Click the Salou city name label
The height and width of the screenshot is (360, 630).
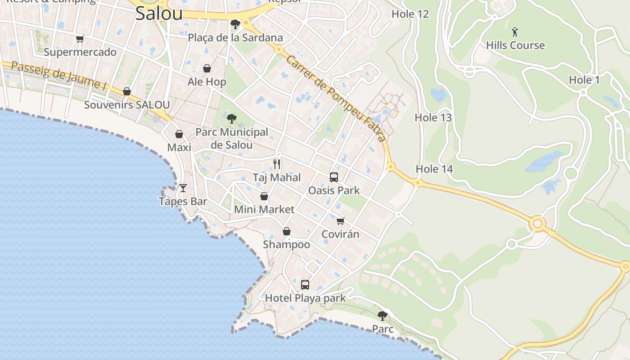point(159,13)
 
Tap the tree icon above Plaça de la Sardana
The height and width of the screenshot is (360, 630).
point(234,24)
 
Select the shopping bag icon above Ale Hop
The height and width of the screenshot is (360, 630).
point(207,68)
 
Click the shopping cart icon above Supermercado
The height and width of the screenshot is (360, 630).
point(80,39)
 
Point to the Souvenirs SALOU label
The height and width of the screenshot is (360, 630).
point(127,105)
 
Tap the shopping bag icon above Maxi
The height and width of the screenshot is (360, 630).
point(179,134)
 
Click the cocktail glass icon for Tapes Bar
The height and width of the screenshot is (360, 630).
point(183,188)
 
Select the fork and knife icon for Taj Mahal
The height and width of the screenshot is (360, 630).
point(277,164)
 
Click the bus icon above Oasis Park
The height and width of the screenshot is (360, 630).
point(333,177)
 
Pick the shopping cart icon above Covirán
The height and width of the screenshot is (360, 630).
point(341,221)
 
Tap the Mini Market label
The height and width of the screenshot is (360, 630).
point(264,209)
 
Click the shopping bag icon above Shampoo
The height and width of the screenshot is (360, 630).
point(286,231)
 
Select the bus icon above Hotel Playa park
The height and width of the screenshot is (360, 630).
point(305,284)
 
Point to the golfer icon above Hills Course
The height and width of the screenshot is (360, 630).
point(515,32)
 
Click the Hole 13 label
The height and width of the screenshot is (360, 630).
point(433,117)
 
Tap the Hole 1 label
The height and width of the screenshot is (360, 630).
point(584,80)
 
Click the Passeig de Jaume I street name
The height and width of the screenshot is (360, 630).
point(55,75)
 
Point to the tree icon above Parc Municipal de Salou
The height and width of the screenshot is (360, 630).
point(231,119)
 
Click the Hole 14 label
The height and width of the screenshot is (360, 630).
point(434,169)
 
